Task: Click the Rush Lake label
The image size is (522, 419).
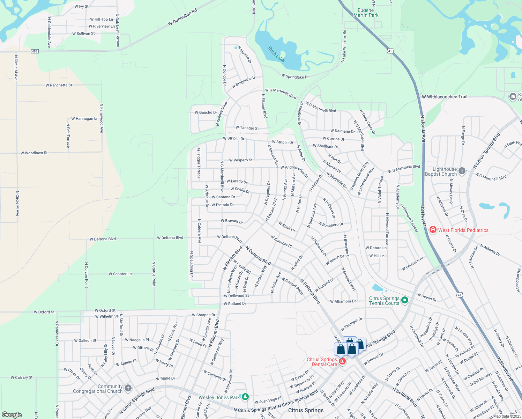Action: click(277, 54)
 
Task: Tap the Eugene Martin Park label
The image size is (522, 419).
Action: click(366, 13)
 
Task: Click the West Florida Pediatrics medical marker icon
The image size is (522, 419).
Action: click(433, 230)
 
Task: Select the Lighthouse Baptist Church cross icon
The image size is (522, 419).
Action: click(462, 171)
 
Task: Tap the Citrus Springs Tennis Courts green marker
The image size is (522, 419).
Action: click(405, 300)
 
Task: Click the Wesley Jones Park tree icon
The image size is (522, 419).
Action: click(245, 397)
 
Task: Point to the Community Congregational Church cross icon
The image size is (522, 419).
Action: click(128, 388)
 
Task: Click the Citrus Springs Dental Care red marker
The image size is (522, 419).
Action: click(342, 361)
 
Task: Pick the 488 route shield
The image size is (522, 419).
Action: click(34, 51)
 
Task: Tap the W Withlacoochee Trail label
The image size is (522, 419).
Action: click(445, 97)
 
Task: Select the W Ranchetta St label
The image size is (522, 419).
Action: click(59, 85)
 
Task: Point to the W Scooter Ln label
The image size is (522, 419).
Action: click(120, 274)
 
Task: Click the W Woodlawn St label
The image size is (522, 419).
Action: click(34, 153)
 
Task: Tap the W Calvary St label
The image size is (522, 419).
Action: click(21, 377)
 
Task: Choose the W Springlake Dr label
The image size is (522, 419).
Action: click(295, 76)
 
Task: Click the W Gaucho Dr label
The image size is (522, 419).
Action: click(206, 112)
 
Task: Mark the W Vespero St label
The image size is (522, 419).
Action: click(241, 160)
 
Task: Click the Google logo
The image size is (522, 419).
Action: click(12, 415)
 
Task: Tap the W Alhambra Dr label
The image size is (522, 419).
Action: click(343, 301)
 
